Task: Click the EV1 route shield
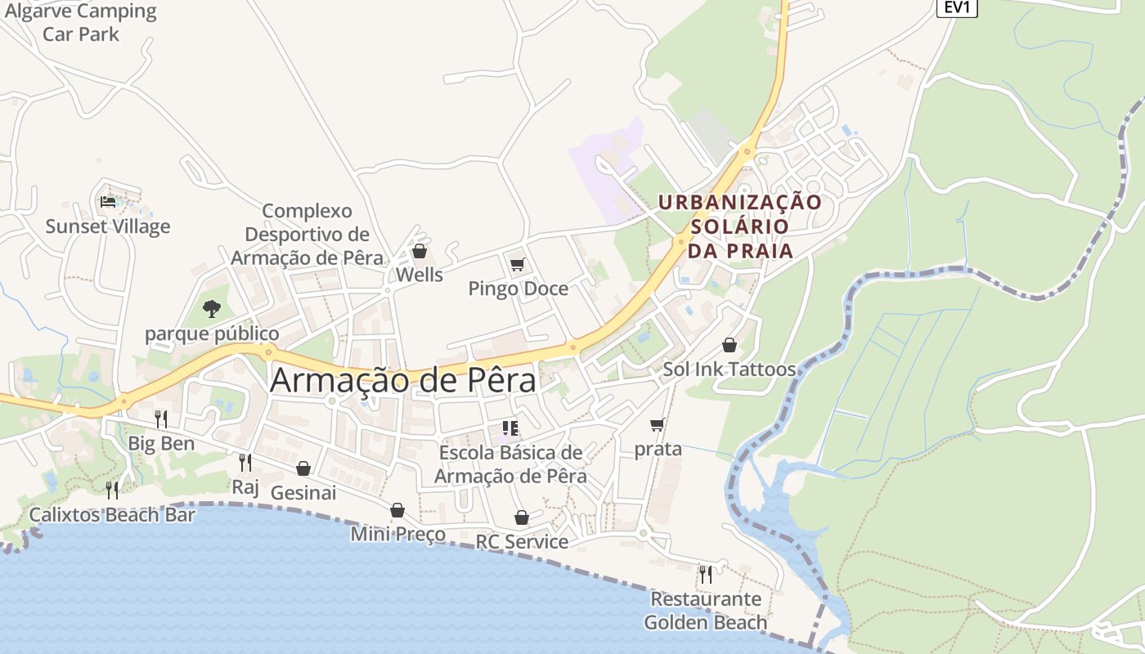click(x=956, y=7)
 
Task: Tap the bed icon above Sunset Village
click(x=107, y=201)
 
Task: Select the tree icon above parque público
click(x=212, y=308)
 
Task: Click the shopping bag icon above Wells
click(x=420, y=251)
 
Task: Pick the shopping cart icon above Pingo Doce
click(x=517, y=264)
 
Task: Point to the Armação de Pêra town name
click(x=403, y=380)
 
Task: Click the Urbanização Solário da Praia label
click(x=740, y=226)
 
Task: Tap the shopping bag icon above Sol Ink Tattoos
click(x=729, y=345)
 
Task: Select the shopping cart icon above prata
click(x=657, y=424)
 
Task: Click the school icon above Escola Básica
click(x=510, y=428)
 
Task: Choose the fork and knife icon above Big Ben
click(x=161, y=419)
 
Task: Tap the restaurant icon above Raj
click(x=245, y=463)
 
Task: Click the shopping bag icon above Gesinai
click(x=303, y=468)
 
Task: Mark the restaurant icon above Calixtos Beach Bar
click(x=112, y=490)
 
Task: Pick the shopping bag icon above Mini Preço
click(x=397, y=510)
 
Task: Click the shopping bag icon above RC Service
click(x=522, y=517)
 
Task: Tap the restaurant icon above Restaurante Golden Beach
click(x=705, y=574)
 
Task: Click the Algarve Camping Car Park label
click(x=80, y=23)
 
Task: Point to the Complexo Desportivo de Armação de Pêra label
click(x=307, y=235)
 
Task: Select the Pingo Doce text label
click(x=518, y=289)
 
